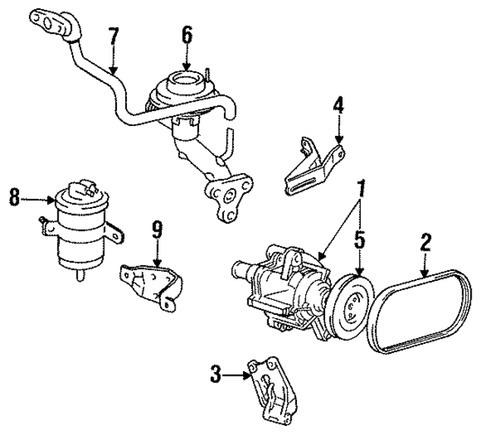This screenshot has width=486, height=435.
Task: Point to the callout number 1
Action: (x=362, y=187)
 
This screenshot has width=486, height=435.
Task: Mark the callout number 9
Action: (x=157, y=229)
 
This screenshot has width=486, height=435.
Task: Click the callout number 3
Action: (x=216, y=372)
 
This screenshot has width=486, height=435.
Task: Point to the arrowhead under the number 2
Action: (x=426, y=271)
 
